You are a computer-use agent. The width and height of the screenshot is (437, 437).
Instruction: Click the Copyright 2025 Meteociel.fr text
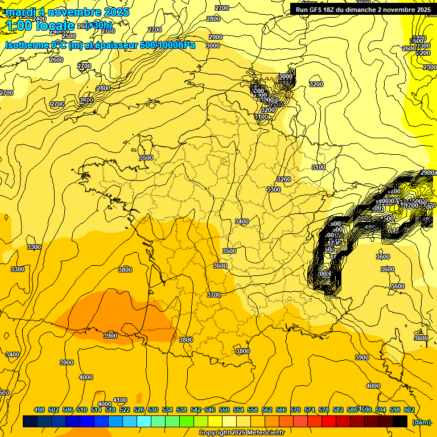[242, 433]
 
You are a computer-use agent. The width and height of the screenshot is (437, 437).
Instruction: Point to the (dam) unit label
[421, 422]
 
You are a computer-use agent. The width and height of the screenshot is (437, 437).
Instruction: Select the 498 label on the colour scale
[39, 410]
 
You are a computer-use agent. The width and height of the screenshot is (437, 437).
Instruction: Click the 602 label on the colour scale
[409, 410]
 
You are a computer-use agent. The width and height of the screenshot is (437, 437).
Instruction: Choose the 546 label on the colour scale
[210, 410]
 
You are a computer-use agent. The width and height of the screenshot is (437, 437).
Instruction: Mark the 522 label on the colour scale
[125, 410]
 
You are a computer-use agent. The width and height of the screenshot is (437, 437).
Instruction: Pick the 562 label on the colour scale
[267, 410]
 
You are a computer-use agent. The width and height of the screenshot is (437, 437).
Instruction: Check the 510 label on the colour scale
[82, 410]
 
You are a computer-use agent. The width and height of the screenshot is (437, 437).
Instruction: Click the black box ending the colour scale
[400, 422]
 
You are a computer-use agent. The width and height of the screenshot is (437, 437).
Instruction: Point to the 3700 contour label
[214, 295]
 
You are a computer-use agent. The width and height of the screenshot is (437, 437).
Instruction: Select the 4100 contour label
[120, 400]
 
